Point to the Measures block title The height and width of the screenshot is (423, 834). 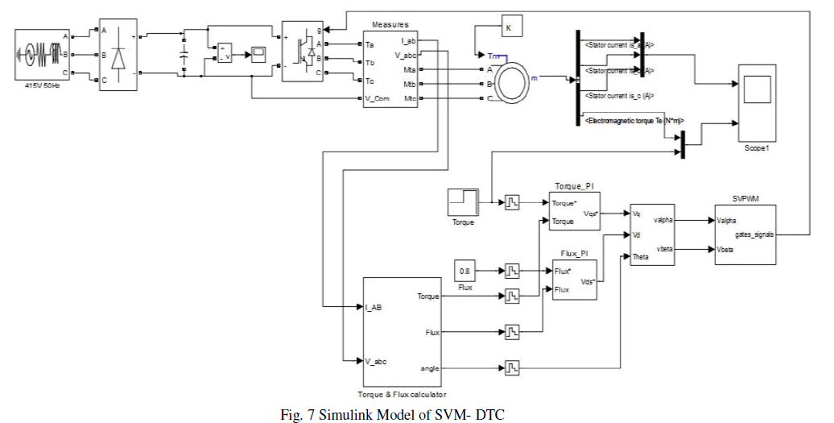coord(391,25)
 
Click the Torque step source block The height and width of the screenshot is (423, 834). coord(464,201)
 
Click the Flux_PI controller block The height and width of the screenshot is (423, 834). coord(575,280)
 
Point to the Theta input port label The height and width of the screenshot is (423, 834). coord(642,257)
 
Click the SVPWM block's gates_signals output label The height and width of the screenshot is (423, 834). coord(754,234)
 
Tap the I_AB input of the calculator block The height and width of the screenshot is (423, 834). coord(374,307)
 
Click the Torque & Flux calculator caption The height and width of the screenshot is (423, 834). coord(402,395)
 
